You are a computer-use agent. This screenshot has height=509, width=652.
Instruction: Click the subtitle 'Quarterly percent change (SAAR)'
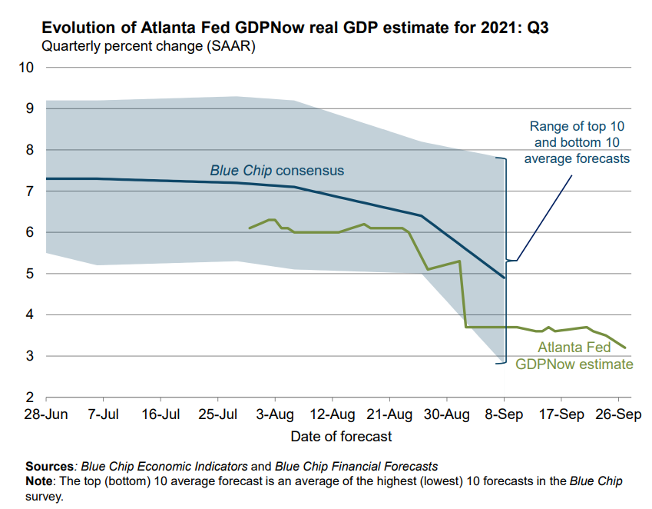coord(148,46)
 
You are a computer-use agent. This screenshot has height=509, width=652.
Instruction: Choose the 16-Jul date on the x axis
coord(161,415)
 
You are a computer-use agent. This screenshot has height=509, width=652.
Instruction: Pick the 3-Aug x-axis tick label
coord(275,415)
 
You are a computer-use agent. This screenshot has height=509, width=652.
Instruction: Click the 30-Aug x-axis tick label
coord(447,415)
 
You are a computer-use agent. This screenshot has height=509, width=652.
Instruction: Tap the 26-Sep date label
coord(619,415)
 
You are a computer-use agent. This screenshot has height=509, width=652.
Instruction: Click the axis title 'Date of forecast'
coord(341,437)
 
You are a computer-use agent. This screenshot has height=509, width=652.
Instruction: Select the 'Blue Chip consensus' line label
coord(277,170)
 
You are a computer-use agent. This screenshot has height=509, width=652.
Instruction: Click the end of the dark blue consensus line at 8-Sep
coord(504,278)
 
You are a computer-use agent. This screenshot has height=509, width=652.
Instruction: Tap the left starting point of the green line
coord(250,228)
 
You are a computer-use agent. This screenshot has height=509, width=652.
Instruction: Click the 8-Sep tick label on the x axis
coord(504,415)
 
